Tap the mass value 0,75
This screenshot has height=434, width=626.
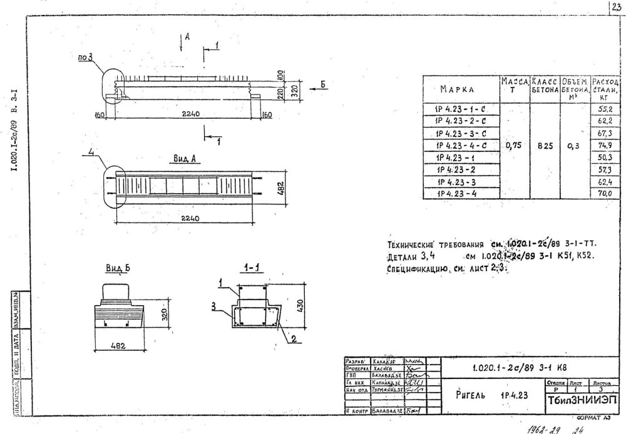513,146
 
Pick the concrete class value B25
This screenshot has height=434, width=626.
544,146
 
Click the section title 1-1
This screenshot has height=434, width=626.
250,268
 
